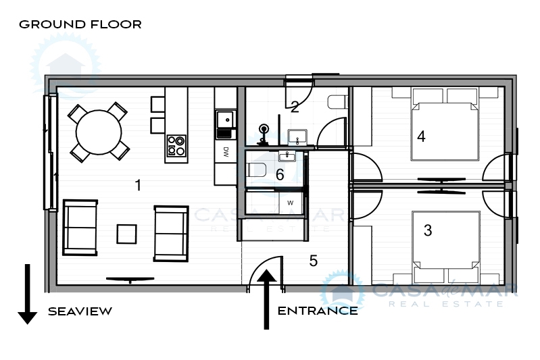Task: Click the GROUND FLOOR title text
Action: tap(80, 24)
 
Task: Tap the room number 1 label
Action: tap(138, 185)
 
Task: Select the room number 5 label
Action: tap(313, 261)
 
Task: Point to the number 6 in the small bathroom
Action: tap(280, 174)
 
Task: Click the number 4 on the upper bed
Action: tap(421, 136)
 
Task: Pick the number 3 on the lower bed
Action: tap(428, 230)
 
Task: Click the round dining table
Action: tap(99, 132)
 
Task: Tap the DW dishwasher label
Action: tap(226, 152)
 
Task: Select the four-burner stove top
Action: tap(176, 146)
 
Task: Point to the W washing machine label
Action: tap(291, 203)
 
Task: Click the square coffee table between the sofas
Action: tap(127, 234)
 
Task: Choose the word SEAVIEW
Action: tap(80, 311)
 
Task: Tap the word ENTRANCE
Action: tap(318, 311)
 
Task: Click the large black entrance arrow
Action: tap(266, 299)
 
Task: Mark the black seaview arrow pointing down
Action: tap(27, 294)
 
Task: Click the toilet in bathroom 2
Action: tap(338, 102)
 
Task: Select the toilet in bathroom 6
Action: tap(257, 170)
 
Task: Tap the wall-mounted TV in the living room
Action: tap(130, 280)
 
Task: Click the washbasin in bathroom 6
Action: tap(287, 157)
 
